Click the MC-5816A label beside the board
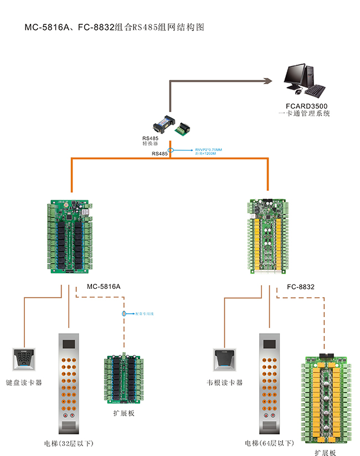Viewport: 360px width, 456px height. [104, 287]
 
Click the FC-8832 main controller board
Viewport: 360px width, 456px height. [269, 235]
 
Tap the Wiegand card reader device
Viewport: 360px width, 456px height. [224, 359]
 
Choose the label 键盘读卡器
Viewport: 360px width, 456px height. [24, 382]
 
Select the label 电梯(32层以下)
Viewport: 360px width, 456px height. [69, 443]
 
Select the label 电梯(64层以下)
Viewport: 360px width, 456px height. [270, 443]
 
